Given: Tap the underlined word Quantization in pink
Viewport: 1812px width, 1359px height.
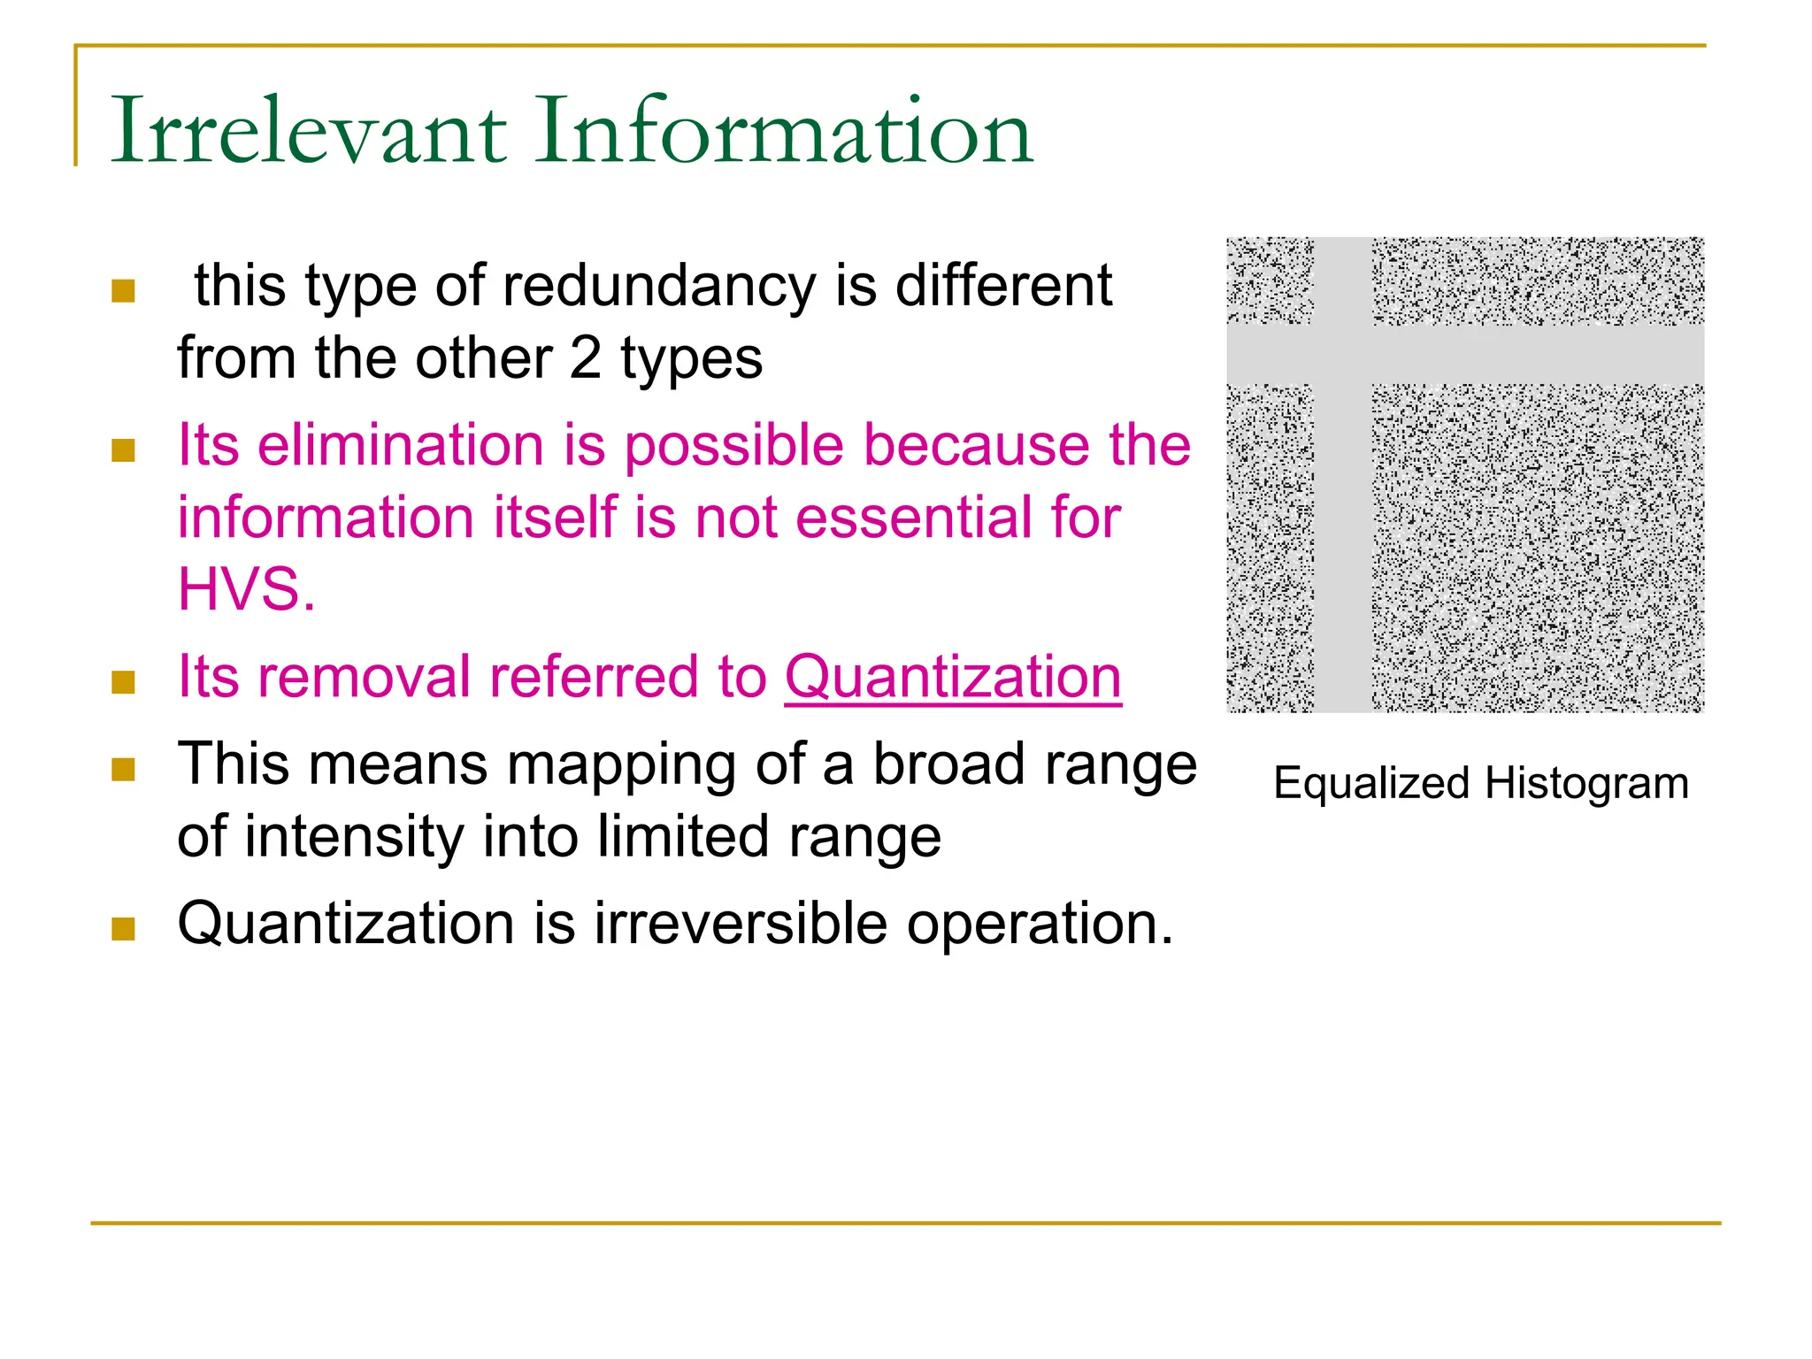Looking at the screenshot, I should tap(953, 677).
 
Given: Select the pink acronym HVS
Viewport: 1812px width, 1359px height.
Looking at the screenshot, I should tap(245, 589).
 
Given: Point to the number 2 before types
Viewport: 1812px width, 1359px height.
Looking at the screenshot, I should tap(585, 358).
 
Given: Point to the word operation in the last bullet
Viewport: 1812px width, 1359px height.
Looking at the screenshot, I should tap(1039, 924).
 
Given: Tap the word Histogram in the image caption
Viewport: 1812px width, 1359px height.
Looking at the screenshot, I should tap(1586, 784).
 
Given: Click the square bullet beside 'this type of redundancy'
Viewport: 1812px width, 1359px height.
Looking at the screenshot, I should tap(123, 291).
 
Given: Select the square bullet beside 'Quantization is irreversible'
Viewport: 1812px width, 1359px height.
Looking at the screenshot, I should tap(123, 928).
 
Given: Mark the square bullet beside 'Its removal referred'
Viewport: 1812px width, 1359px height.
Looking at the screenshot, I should tap(123, 682).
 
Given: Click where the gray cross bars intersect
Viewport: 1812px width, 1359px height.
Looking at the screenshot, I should tap(1342, 355).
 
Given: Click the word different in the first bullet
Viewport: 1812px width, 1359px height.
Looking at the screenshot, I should tap(1003, 287).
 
